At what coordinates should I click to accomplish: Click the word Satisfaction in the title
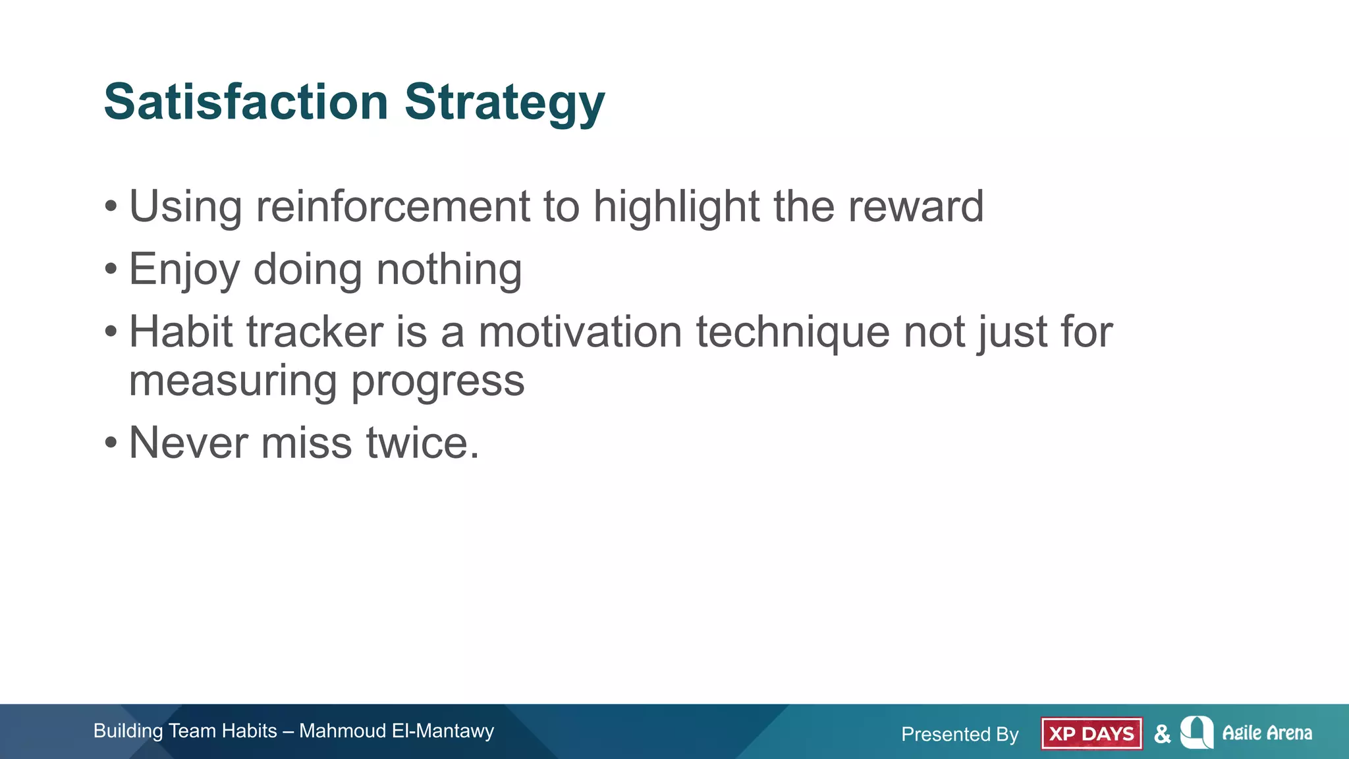[x=246, y=102]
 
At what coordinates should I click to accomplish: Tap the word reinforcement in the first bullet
[x=393, y=206]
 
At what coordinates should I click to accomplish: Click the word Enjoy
[x=184, y=270]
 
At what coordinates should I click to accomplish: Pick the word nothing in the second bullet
[x=449, y=270]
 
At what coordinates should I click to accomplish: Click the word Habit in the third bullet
[x=181, y=331]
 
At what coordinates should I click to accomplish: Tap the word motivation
[x=580, y=331]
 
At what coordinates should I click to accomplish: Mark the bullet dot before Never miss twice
[x=111, y=443]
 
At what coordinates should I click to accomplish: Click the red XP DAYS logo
[x=1091, y=733]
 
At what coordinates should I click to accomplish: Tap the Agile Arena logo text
[x=1266, y=733]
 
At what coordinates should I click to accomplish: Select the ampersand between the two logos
[x=1163, y=733]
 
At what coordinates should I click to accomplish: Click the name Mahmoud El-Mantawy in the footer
[x=396, y=731]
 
